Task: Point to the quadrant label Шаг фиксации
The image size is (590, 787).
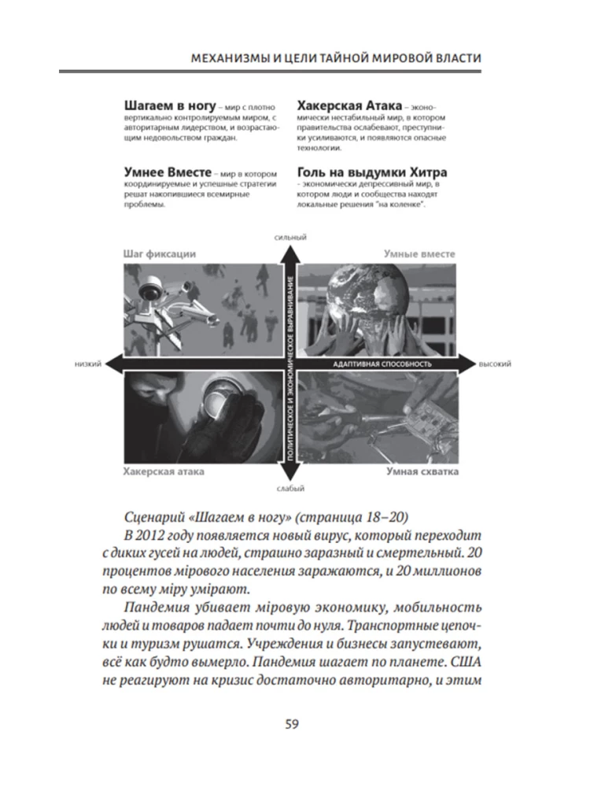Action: (x=160, y=254)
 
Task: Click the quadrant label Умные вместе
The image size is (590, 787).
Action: (x=421, y=254)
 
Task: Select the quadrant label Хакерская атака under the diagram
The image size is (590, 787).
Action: (x=164, y=471)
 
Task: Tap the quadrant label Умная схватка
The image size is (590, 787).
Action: (x=422, y=471)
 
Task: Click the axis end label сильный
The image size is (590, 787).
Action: (x=290, y=237)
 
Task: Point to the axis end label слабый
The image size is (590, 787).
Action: (x=290, y=489)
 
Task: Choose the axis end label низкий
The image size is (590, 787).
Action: (x=87, y=364)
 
